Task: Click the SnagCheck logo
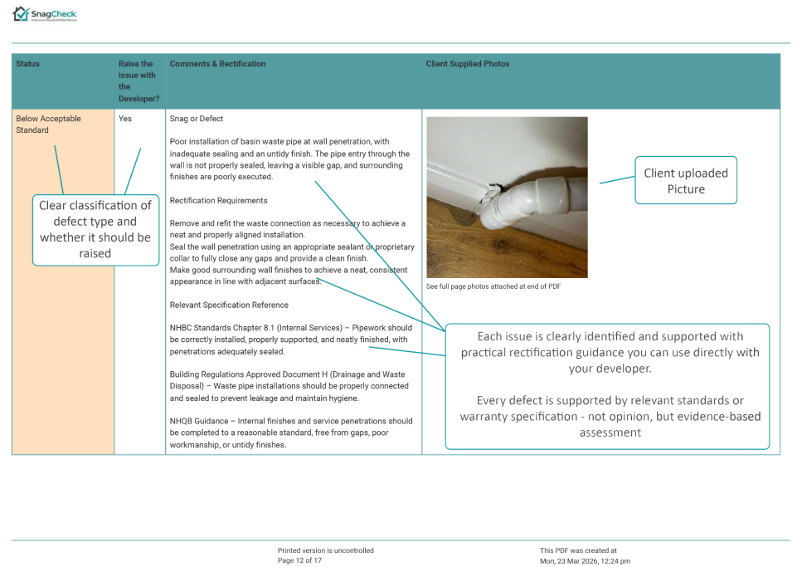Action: [45, 14]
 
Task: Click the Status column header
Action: [27, 64]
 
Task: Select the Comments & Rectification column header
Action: [217, 64]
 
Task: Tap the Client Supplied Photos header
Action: [468, 64]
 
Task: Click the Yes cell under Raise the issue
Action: [125, 119]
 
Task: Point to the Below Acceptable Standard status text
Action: [48, 124]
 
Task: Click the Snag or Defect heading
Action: [197, 119]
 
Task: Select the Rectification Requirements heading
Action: [218, 200]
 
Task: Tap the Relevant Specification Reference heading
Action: [228, 305]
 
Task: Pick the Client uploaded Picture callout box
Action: [685, 180]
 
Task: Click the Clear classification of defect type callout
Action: [95, 229]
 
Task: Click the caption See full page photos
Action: [493, 286]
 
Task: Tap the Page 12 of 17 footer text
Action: [299, 560]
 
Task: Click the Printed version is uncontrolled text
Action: [325, 550]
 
